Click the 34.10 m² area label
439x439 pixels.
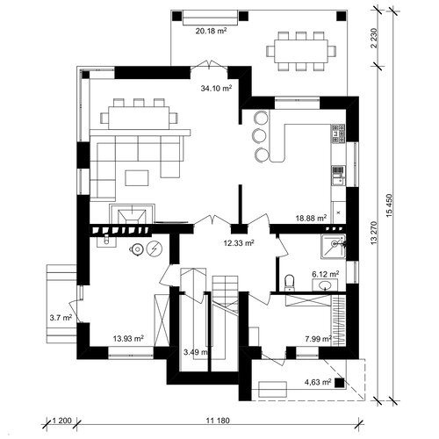(216, 88)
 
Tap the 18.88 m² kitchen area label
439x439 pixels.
(311, 218)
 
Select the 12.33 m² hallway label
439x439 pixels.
(238, 242)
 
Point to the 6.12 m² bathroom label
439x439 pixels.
(326, 274)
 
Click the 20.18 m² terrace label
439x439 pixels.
(212, 31)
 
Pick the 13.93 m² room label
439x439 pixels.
(128, 339)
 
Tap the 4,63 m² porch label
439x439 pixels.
(318, 382)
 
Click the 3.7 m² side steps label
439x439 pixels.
(61, 318)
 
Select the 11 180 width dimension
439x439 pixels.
(218, 421)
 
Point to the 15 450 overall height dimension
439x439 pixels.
(390, 205)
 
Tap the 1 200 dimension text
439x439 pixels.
(61, 421)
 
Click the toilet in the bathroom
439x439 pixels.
(289, 283)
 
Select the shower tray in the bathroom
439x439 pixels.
(334, 246)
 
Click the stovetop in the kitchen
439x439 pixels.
(338, 133)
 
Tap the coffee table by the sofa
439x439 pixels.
(137, 178)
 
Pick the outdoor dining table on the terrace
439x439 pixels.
(301, 52)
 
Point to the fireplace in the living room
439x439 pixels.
(132, 213)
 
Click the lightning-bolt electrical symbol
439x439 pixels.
(155, 249)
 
